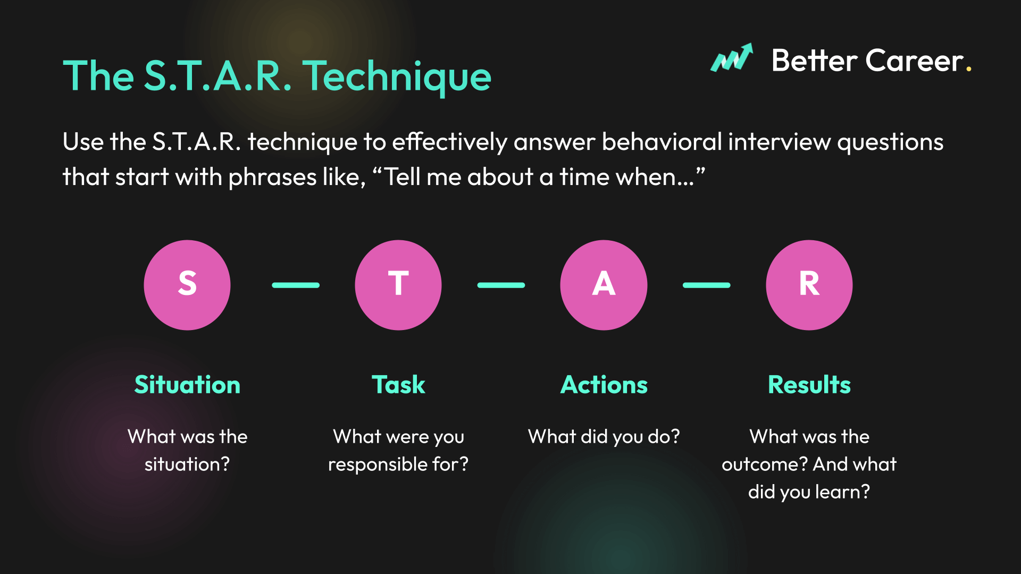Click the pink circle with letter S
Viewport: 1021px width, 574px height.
click(x=187, y=285)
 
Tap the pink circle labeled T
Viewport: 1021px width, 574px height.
click(x=398, y=285)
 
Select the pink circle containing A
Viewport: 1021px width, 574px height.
click(x=604, y=285)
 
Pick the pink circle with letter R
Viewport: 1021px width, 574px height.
click(x=809, y=285)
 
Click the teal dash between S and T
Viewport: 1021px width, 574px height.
click(x=296, y=285)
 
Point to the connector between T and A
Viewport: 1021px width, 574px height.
click(x=501, y=285)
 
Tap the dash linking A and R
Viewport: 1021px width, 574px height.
click(x=707, y=285)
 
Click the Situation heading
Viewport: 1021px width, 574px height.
click(x=187, y=385)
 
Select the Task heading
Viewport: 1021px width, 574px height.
click(x=398, y=385)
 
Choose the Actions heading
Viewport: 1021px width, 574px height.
click(x=604, y=385)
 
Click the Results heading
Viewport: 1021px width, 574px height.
click(x=809, y=385)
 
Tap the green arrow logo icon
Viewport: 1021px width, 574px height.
click(x=732, y=57)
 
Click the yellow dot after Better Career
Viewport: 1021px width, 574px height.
click(x=969, y=69)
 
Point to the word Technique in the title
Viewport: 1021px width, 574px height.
click(x=397, y=77)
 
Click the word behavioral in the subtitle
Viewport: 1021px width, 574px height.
click(x=662, y=142)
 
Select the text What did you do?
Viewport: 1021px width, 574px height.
click(x=604, y=437)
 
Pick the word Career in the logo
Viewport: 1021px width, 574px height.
click(x=915, y=61)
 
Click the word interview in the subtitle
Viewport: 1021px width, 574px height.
click(x=780, y=142)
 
